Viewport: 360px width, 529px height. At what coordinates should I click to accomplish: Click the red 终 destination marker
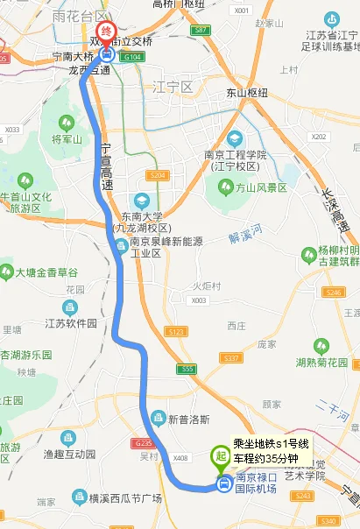tap(106, 33)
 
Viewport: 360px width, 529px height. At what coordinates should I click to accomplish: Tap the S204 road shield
tap(157, 175)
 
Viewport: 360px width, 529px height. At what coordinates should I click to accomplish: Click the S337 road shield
tap(231, 358)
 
